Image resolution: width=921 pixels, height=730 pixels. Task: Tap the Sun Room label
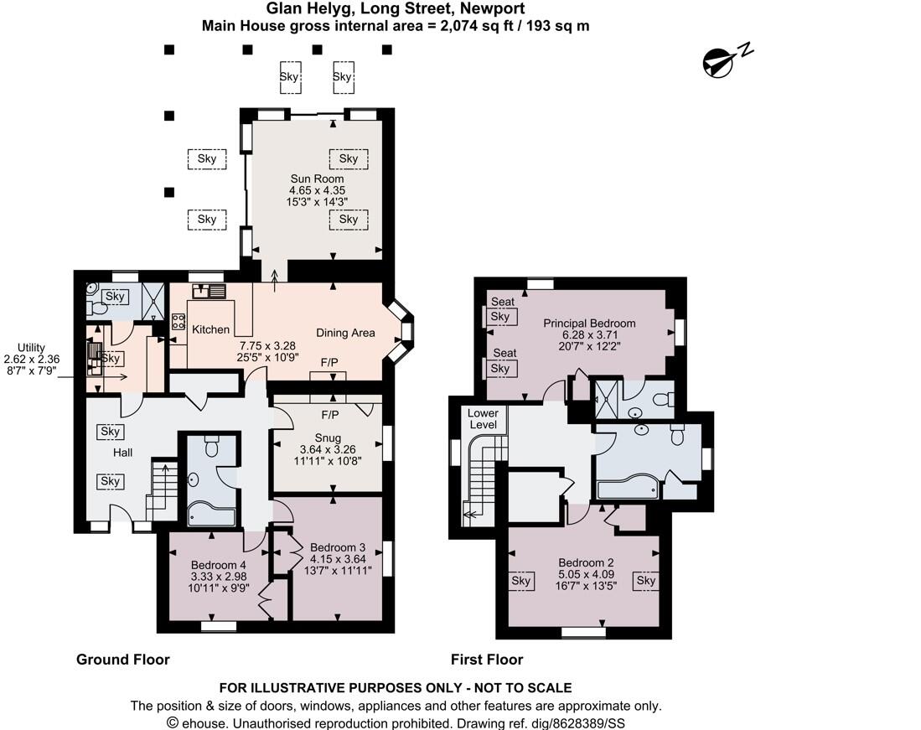coord(317,179)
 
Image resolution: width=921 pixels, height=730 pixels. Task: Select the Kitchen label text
coord(210,329)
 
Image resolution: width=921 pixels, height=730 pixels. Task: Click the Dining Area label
coord(345,333)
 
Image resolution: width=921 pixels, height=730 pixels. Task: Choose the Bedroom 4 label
coord(218,564)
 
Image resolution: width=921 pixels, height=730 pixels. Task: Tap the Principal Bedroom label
coord(589,323)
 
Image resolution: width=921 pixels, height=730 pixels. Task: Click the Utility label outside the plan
coord(30,347)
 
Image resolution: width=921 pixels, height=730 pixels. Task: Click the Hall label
coord(123,453)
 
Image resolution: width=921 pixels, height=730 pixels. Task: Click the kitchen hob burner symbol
coord(179,321)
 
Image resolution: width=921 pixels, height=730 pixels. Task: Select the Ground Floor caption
coord(122,660)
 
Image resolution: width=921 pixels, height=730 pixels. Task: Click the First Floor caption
coord(486,660)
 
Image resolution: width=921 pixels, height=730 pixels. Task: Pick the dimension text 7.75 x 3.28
coord(267,345)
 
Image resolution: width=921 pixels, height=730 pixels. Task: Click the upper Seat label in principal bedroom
coord(503,302)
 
